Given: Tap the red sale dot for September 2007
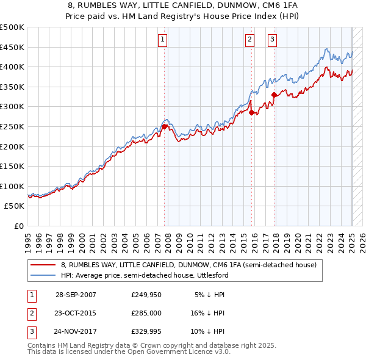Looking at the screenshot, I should [x=165, y=126].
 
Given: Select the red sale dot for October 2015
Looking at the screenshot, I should [x=252, y=112].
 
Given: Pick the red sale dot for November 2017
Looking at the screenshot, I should [x=274, y=95].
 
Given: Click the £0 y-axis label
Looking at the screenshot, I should [x=20, y=226].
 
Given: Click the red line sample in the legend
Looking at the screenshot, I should [x=43, y=265].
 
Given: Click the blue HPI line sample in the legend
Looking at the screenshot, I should [x=43, y=275].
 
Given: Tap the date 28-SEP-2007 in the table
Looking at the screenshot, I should [x=76, y=295].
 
